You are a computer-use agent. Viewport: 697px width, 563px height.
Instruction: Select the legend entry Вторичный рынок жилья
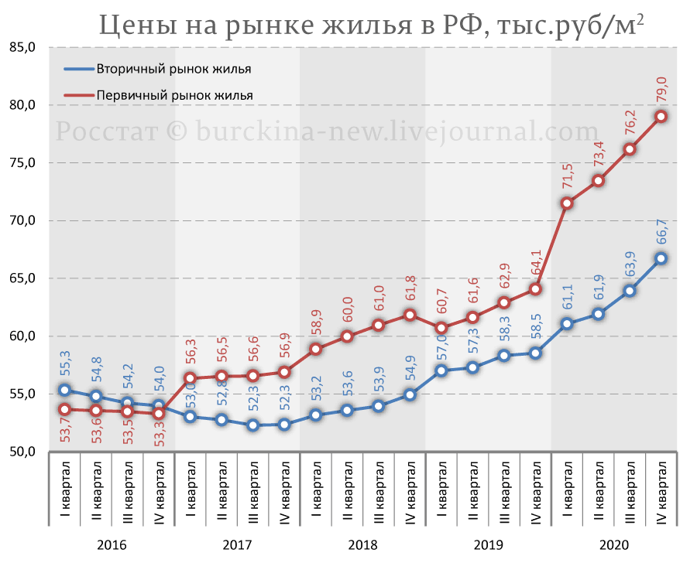tap(173, 69)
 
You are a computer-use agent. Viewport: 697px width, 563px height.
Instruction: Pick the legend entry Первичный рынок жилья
tap(175, 95)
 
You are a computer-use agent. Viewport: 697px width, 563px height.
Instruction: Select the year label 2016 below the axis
tap(112, 544)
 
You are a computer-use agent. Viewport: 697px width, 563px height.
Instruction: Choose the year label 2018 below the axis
tap(362, 544)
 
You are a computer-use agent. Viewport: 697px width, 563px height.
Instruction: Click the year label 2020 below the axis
tap(614, 544)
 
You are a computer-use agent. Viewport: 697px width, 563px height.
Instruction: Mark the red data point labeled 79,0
tap(662, 117)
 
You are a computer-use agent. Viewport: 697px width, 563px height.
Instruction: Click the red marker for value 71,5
tap(567, 203)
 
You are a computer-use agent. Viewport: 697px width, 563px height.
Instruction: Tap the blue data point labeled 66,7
tap(662, 258)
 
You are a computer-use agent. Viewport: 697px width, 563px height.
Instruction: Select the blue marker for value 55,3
tap(65, 391)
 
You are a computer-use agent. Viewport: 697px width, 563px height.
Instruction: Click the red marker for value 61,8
tap(410, 315)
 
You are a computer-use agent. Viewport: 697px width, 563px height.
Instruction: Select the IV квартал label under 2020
tap(662, 492)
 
